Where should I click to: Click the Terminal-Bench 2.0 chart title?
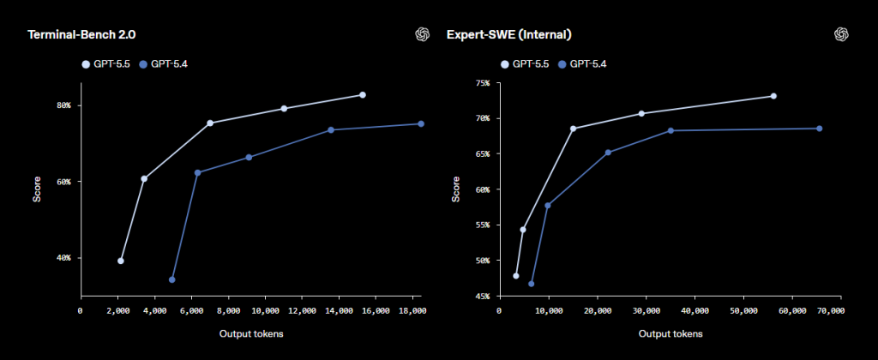click(x=81, y=35)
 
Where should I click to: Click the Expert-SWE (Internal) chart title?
click(x=509, y=35)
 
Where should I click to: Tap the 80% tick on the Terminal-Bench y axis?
click(x=63, y=105)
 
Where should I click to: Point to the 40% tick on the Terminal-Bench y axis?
click(x=63, y=258)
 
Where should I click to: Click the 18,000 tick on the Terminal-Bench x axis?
click(x=412, y=311)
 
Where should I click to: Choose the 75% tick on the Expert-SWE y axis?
click(x=482, y=83)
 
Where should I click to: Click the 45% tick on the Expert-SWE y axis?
click(x=482, y=297)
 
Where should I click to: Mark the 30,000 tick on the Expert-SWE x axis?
click(x=646, y=311)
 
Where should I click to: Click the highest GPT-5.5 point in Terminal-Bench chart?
click(x=363, y=94)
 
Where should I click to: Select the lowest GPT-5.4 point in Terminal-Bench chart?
click(x=172, y=279)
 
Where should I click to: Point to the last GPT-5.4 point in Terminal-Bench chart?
click(x=421, y=123)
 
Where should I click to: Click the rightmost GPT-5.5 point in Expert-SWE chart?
click(x=773, y=96)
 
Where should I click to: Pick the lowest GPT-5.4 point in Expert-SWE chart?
click(x=531, y=284)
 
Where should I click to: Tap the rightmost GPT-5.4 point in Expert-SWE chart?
click(x=819, y=129)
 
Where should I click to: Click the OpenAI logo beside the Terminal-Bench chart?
click(x=422, y=34)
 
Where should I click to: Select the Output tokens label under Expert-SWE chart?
click(x=670, y=334)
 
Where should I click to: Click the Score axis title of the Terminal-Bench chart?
click(x=37, y=190)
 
